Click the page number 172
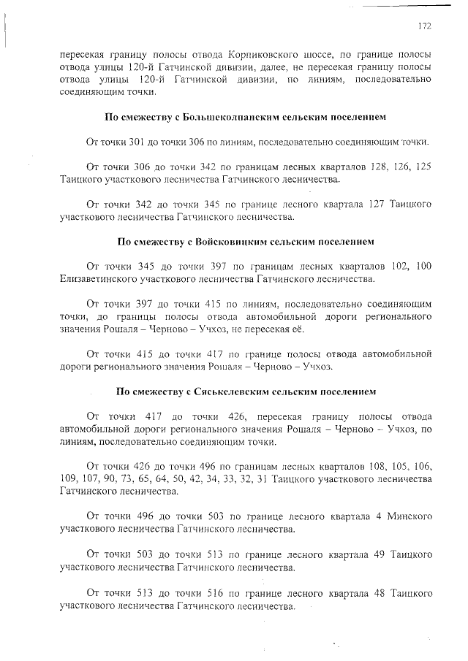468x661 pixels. pyautogui.click(x=423, y=26)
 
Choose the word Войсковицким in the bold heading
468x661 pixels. pyautogui.click(x=230, y=241)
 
